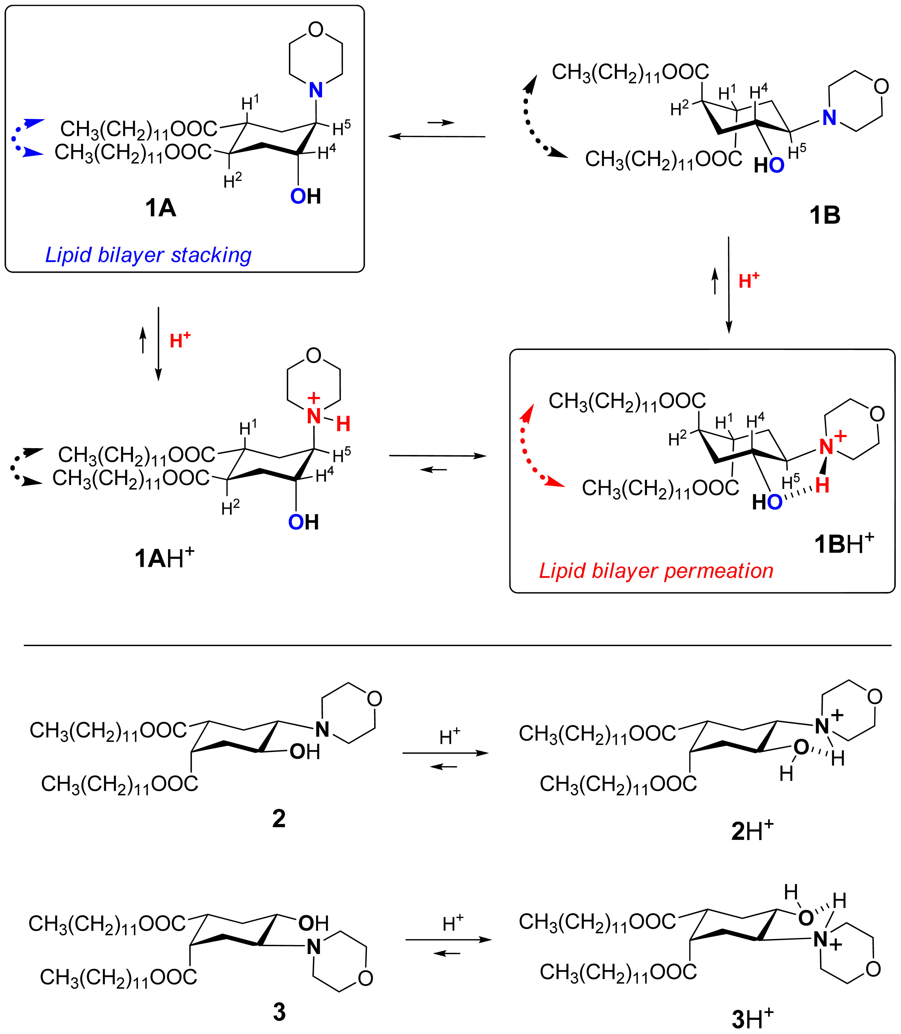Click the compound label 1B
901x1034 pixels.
point(825,215)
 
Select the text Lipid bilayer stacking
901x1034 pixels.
point(148,255)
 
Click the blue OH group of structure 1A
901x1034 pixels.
point(305,196)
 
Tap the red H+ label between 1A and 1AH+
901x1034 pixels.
point(180,340)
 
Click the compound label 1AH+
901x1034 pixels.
point(164,558)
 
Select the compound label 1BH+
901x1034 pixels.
point(844,544)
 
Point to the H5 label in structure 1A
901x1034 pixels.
point(341,128)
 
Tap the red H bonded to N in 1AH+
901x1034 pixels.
point(343,424)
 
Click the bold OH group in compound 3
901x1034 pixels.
point(313,923)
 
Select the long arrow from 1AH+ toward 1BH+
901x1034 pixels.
point(437,456)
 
